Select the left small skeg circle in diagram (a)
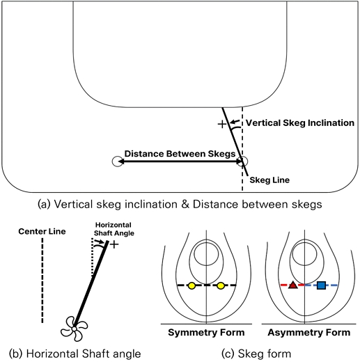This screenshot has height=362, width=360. pos(116,162)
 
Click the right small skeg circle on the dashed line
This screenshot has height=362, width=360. pos(242,162)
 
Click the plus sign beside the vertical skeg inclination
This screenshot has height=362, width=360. pos(222,124)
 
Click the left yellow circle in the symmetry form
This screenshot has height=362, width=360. pos(191,285)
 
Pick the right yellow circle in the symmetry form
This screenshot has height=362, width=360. pos(221,285)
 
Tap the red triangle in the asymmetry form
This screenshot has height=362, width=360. pos(293,285)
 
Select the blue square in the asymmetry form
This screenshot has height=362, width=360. pos(321,285)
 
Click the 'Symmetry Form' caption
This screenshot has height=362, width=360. pos(206,332)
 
